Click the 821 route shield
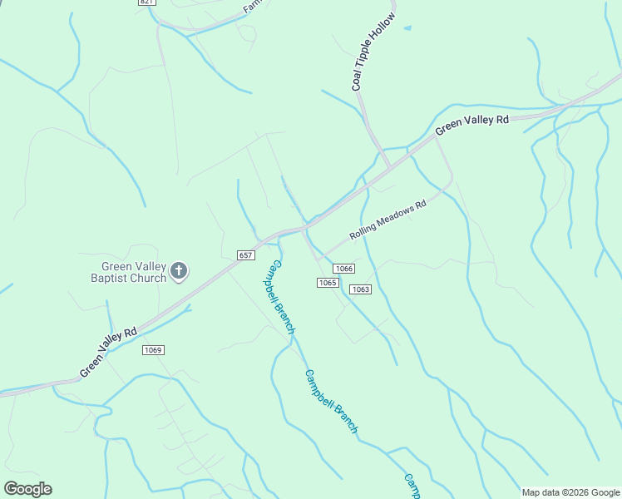click(146, 2)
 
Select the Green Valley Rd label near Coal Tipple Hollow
click(471, 126)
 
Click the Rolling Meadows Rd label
click(388, 219)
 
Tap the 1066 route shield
click(343, 268)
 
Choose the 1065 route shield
click(327, 283)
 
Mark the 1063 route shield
click(359, 289)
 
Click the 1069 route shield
click(152, 349)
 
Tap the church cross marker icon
click(179, 270)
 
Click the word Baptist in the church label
click(111, 279)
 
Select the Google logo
click(27, 489)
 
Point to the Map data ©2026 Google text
click(570, 492)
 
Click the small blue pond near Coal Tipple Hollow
click(407, 28)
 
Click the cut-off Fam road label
click(252, 7)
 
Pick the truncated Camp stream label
click(412, 487)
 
